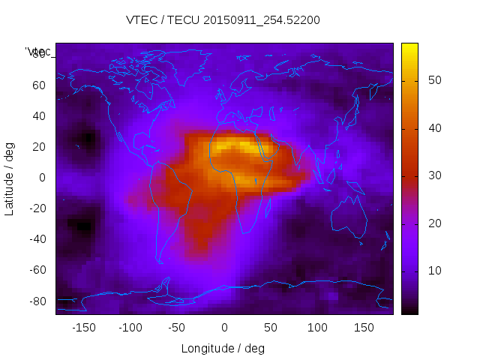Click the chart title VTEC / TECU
click(223, 20)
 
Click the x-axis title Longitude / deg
click(223, 348)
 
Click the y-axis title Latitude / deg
click(10, 178)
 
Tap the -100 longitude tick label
click(130, 327)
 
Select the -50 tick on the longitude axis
click(177, 327)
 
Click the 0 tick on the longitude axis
click(223, 327)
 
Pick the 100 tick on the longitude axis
click(318, 327)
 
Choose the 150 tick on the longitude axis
click(364, 327)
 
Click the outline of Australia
click(349, 217)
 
